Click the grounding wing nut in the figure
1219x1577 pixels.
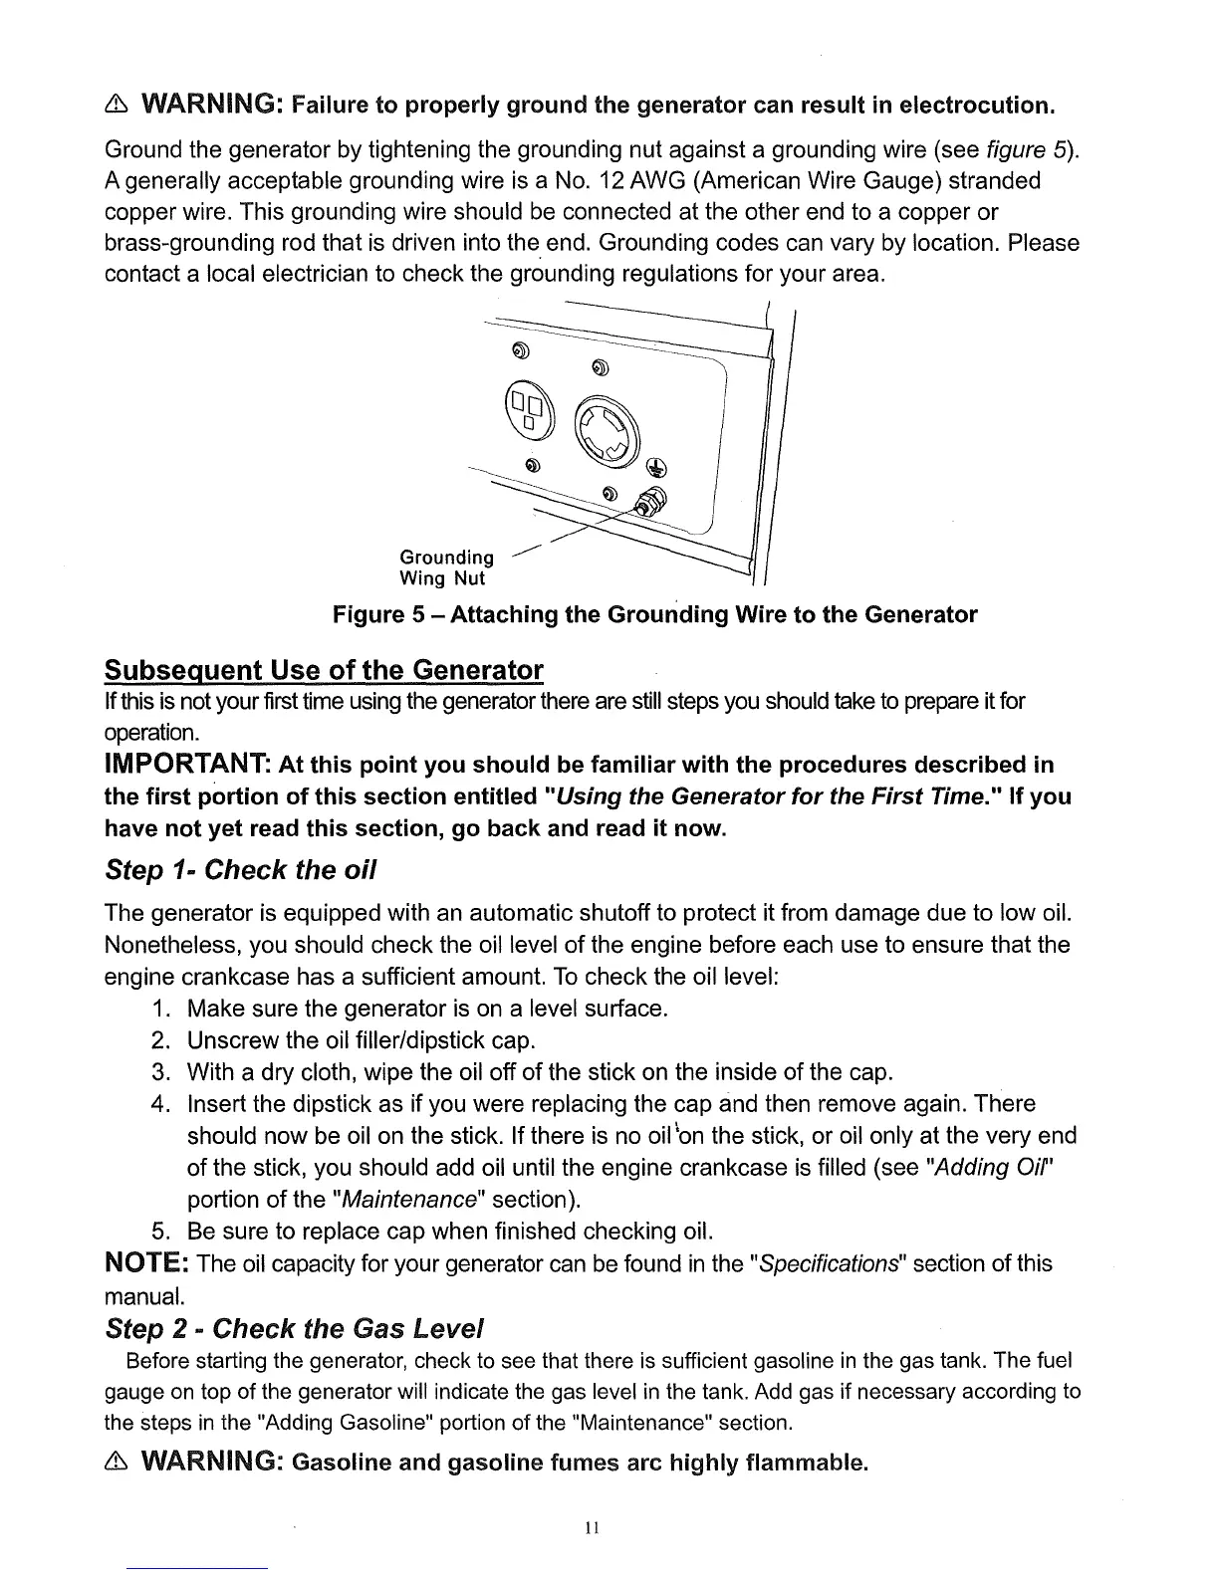coord(652,504)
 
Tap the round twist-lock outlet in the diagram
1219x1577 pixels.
coord(604,431)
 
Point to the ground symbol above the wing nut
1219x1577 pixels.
coord(656,466)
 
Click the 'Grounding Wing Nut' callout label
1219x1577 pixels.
coord(446,566)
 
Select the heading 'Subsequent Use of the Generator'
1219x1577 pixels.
coord(324,669)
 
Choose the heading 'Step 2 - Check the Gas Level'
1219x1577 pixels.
coord(295,1328)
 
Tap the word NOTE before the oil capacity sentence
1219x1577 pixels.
coord(147,1264)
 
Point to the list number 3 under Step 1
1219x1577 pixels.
coord(157,1072)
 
